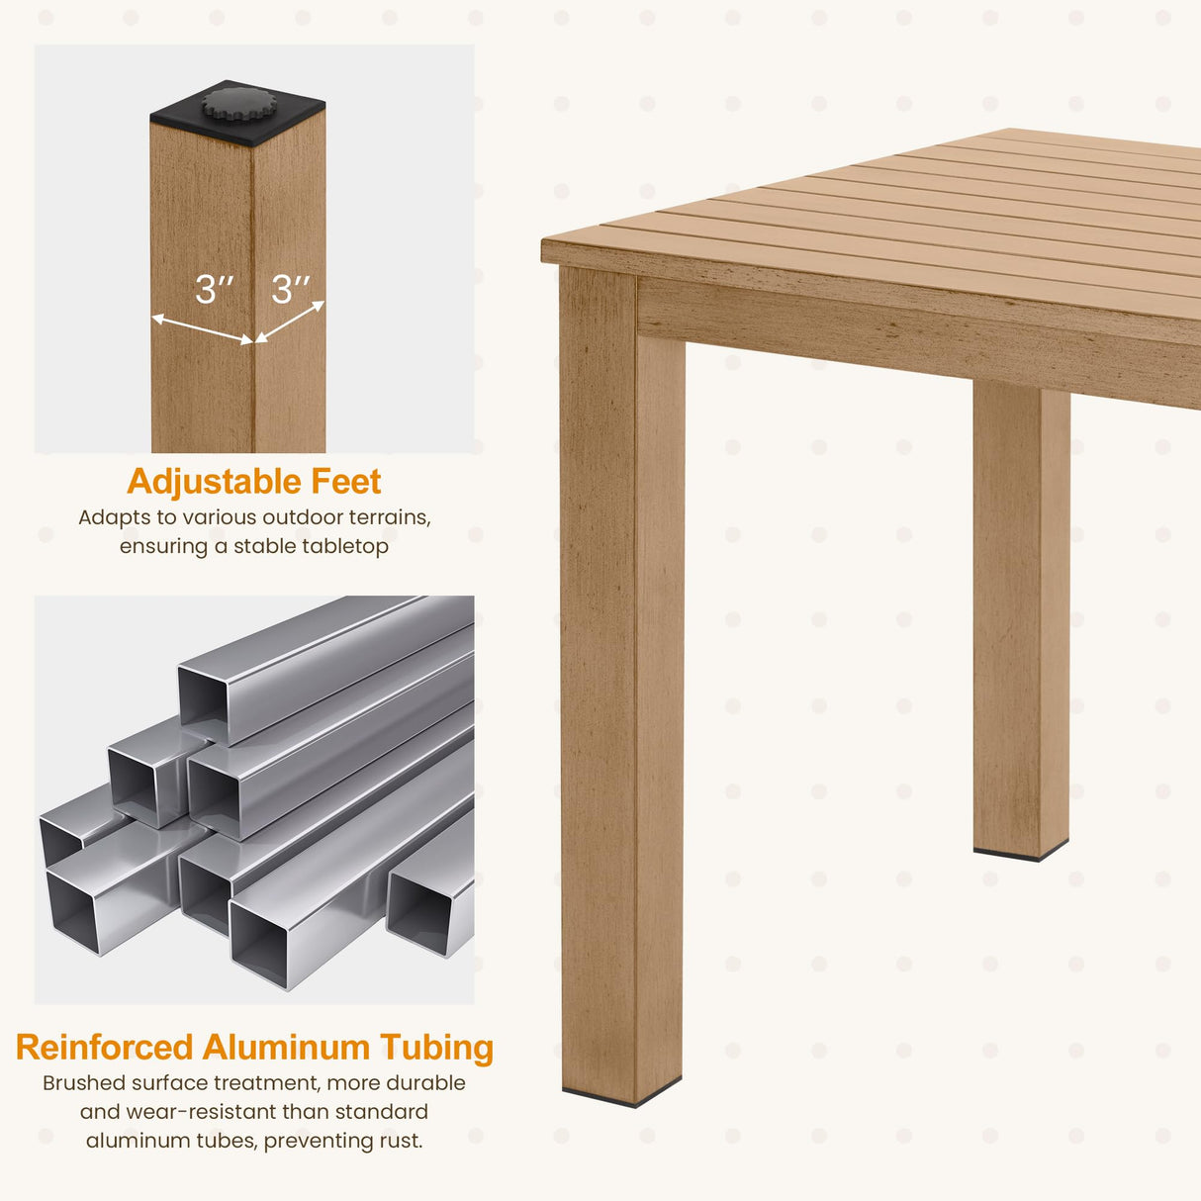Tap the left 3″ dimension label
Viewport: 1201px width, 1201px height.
pyautogui.click(x=215, y=289)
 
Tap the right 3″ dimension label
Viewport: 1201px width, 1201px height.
pyautogui.click(x=291, y=289)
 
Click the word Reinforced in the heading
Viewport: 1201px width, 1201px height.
pyautogui.click(x=105, y=1048)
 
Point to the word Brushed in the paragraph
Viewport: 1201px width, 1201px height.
pyautogui.click(x=83, y=1082)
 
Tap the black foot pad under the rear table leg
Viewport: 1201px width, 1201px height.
pyautogui.click(x=1021, y=852)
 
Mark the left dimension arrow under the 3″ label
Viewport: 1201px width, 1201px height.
pyautogui.click(x=202, y=328)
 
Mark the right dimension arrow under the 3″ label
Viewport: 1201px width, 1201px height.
pyautogui.click(x=290, y=323)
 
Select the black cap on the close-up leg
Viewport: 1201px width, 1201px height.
pyautogui.click(x=237, y=113)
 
